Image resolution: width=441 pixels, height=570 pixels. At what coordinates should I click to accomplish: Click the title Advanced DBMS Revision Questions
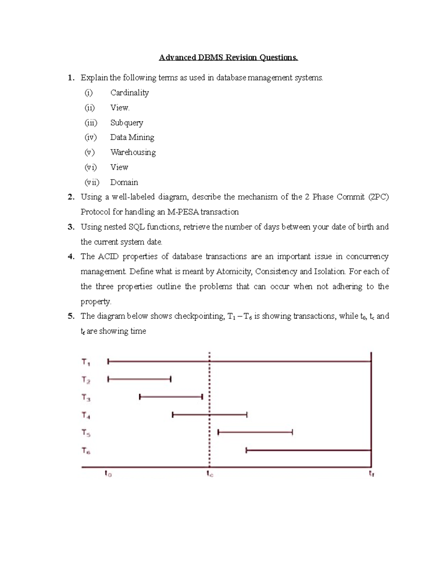[228, 58]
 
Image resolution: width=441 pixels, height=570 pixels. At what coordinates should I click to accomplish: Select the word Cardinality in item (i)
[129, 92]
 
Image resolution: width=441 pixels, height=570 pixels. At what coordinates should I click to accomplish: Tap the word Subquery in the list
[126, 123]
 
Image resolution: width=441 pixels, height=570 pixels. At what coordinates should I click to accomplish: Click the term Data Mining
[132, 137]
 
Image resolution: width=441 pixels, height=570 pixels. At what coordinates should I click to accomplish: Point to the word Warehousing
[133, 152]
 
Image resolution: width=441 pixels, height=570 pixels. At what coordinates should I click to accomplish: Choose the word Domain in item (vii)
[124, 182]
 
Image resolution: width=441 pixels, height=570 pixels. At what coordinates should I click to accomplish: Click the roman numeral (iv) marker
[90, 137]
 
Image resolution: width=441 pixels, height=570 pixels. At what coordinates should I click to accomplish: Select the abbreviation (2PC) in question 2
[378, 197]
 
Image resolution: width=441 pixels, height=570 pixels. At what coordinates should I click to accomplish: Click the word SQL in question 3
[136, 227]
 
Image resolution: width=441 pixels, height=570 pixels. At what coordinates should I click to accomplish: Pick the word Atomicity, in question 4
[234, 272]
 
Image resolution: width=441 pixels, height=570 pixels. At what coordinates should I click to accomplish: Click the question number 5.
[71, 316]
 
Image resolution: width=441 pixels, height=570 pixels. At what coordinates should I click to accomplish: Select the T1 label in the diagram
[86, 362]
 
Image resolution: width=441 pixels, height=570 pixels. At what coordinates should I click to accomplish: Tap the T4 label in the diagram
[86, 415]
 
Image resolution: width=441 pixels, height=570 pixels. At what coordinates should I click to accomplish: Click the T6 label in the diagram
[86, 450]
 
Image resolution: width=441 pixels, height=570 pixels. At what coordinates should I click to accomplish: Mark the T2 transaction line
[139, 379]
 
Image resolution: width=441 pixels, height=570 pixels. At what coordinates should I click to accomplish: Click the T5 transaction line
[255, 432]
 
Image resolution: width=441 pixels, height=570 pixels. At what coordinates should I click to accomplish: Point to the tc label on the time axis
[209, 474]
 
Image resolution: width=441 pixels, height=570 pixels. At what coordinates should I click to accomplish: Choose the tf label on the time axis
[371, 474]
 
